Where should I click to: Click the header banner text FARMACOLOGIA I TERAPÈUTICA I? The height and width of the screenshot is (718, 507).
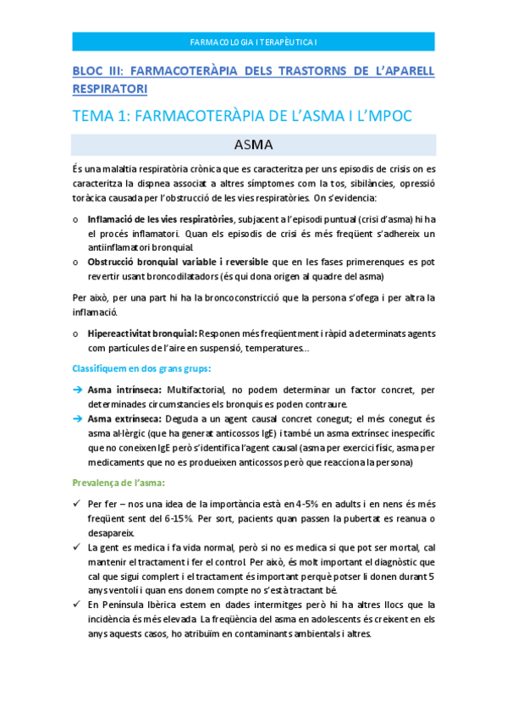[253, 41]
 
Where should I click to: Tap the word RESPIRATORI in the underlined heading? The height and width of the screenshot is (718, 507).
[109, 88]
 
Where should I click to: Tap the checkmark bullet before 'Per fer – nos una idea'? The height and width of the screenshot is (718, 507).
[76, 505]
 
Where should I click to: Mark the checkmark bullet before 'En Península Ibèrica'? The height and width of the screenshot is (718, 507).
[76, 605]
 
